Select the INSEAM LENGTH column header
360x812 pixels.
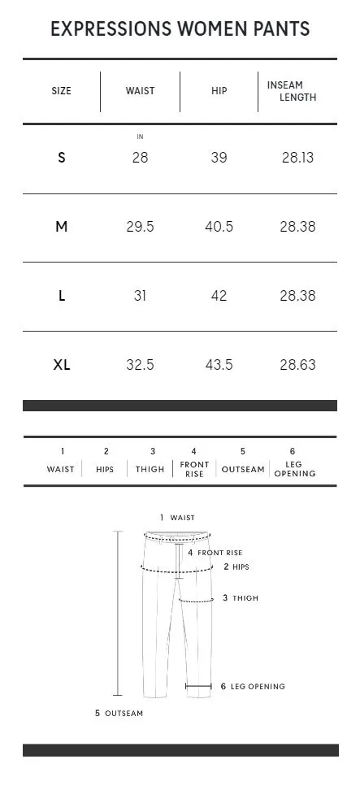[x=291, y=91]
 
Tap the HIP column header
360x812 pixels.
[x=219, y=91]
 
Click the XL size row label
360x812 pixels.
[x=62, y=365]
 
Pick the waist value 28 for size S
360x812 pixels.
[x=140, y=158]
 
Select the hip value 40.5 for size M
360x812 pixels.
[x=219, y=227]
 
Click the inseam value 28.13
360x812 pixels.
[x=297, y=158]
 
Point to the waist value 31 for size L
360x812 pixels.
[x=140, y=296]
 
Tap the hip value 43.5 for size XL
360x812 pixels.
[x=219, y=365]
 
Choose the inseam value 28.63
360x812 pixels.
[x=297, y=365]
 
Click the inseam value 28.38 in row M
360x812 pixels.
[x=297, y=227]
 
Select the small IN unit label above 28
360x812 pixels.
[x=140, y=137]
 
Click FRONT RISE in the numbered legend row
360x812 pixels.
[x=194, y=469]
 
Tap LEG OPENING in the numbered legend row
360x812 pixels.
[x=294, y=469]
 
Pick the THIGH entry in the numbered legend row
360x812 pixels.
[x=150, y=469]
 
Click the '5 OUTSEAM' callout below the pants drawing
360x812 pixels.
[x=119, y=714]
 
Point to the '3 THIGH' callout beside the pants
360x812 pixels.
[x=241, y=598]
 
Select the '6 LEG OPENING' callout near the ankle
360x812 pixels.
[x=253, y=687]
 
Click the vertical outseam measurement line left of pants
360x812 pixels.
[x=118, y=614]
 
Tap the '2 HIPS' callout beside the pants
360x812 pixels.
[x=236, y=567]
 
